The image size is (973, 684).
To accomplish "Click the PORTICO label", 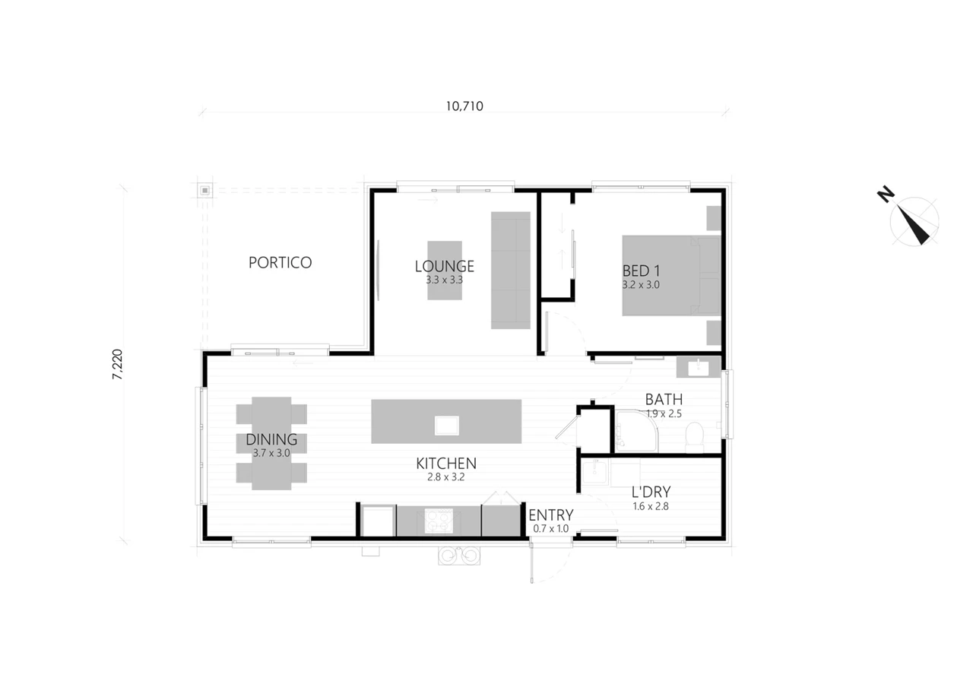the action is pos(280,262).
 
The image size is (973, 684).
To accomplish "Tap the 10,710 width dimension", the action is pos(464,106).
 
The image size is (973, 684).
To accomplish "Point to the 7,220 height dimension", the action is pos(117,364).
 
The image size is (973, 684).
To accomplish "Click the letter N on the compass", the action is pos(886,194).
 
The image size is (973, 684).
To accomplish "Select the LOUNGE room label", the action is pos(445,266).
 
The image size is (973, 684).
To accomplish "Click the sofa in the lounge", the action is pos(510,270).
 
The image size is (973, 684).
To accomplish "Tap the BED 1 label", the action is pos(641,271).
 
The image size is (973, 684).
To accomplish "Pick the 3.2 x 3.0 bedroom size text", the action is pos(641,285).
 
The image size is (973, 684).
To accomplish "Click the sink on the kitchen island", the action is pos(446,425).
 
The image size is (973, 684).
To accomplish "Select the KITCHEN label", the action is pos(446,464).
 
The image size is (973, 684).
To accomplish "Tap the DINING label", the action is pos(271,439).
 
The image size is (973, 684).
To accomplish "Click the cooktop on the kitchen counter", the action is pos(439,521).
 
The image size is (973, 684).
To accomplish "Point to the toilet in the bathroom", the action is pos(694,437).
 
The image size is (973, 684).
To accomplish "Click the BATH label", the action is pos(664,399).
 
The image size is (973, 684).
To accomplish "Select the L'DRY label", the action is pos(651,492).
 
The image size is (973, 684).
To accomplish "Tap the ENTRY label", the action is pos(551,515).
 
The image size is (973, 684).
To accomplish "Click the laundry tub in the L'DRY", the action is pos(594,473).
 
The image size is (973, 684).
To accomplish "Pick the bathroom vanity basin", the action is pos(699,368).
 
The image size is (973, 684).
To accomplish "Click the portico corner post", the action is pos(205,190).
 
